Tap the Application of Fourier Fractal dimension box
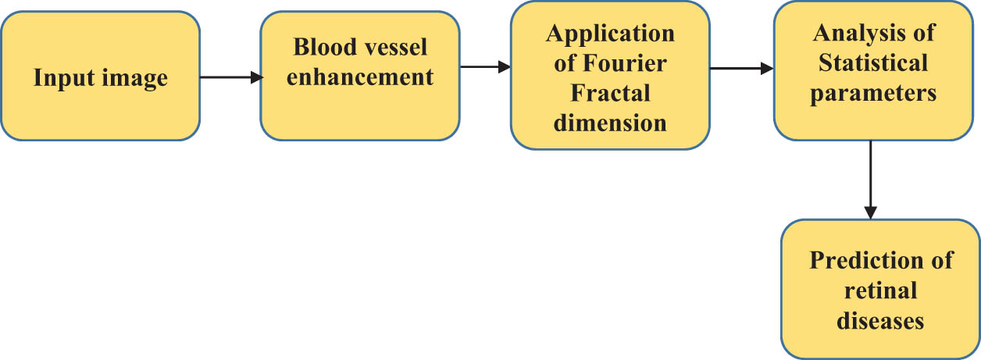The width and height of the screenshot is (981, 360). pyautogui.click(x=609, y=75)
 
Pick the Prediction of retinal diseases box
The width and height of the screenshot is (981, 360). pyautogui.click(x=880, y=289)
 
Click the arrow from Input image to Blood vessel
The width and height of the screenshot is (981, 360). pyautogui.click(x=231, y=77)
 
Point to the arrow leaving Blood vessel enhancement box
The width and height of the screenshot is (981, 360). pyautogui.click(x=484, y=67)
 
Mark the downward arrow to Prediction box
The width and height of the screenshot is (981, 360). pyautogui.click(x=871, y=180)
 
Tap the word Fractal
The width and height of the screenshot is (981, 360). pyautogui.click(x=610, y=93)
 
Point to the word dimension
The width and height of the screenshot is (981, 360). pyautogui.click(x=609, y=123)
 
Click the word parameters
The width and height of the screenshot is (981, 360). pyautogui.click(x=873, y=92)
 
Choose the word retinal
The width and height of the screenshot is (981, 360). pyautogui.click(x=881, y=290)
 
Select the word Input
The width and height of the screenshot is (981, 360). pyautogui.click(x=60, y=78)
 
